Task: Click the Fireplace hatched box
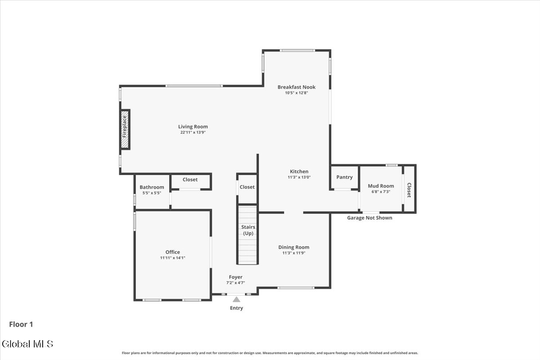tap(125, 130)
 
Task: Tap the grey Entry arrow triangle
tap(237, 299)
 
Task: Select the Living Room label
tap(193, 126)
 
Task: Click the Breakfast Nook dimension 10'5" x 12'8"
tap(297, 93)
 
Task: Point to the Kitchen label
tap(299, 171)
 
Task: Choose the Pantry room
tap(345, 177)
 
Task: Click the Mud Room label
tap(381, 186)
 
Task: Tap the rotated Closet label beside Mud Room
tap(409, 190)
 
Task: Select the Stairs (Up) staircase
tap(248, 235)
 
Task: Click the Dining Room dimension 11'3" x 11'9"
tap(294, 253)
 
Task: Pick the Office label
tap(173, 252)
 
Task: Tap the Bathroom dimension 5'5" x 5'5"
tap(152, 193)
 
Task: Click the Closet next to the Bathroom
tap(190, 181)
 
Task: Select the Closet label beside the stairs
tap(247, 187)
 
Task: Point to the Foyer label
tap(235, 277)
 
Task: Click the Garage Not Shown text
tap(369, 218)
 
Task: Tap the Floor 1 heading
tap(21, 324)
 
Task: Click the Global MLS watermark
tap(27, 344)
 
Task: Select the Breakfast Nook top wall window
tap(297, 50)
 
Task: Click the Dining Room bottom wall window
tap(296, 288)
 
